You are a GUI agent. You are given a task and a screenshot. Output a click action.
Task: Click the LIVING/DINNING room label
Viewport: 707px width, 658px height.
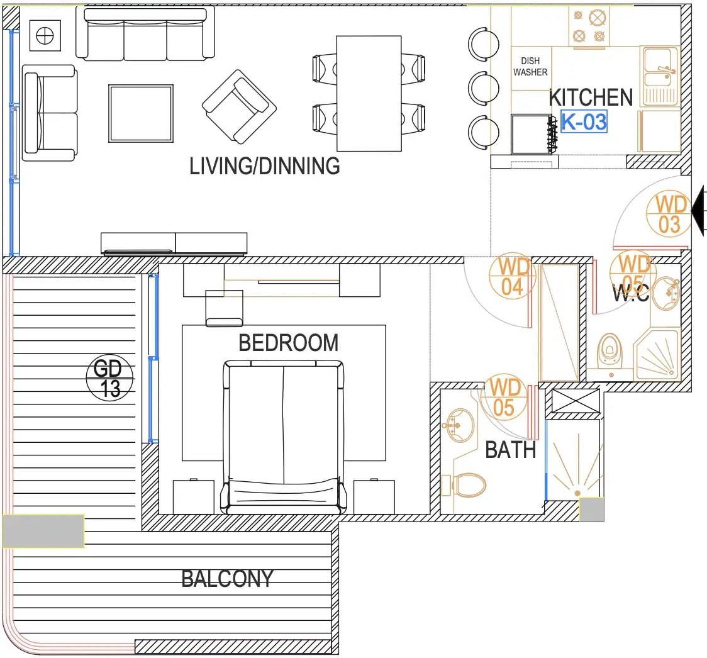[265, 166]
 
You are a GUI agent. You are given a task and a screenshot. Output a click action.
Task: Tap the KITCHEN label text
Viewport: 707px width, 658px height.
[591, 98]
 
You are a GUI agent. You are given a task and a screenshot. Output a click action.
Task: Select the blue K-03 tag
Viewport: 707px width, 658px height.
[584, 121]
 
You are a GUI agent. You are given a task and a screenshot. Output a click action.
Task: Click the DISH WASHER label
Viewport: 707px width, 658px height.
[530, 66]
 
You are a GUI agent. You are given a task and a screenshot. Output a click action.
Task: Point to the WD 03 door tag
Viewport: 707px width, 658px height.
[670, 215]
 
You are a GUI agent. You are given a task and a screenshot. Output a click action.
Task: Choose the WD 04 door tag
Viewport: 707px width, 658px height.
[512, 276]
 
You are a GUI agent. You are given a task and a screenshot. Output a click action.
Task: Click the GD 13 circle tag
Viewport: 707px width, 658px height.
[109, 378]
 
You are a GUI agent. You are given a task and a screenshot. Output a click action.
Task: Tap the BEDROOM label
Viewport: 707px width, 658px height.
[289, 343]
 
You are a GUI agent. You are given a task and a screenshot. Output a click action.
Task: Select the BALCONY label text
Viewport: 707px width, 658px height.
[227, 579]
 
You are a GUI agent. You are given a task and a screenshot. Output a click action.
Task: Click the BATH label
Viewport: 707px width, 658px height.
[510, 450]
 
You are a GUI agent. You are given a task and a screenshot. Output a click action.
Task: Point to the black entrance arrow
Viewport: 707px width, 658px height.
[698, 210]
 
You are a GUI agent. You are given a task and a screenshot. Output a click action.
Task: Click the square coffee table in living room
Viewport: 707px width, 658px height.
[141, 114]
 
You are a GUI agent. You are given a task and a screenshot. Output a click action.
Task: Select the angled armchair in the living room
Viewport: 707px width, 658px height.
[239, 107]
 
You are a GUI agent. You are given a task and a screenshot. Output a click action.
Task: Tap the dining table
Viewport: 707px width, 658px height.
[369, 93]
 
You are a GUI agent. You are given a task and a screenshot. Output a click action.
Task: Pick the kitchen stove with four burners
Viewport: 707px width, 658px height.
[589, 26]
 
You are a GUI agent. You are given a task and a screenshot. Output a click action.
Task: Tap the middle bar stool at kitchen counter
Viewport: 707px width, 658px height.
[483, 88]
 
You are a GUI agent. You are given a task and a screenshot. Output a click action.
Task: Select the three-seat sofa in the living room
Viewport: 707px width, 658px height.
[145, 34]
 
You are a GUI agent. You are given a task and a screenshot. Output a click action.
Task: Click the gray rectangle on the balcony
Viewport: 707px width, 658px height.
[43, 531]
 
